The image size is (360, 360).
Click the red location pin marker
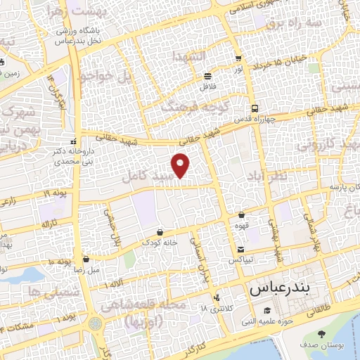coord(181,165)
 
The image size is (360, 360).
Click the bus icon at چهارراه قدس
coord(254,109)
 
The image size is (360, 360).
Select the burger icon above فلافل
coord(207,77)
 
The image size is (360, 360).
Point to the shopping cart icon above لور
coord(239,59)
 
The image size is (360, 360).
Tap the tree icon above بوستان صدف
coord(321,333)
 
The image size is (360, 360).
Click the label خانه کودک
coord(160,243)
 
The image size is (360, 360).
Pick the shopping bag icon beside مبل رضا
coord(86,259)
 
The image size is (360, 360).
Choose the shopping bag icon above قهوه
coord(241,215)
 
